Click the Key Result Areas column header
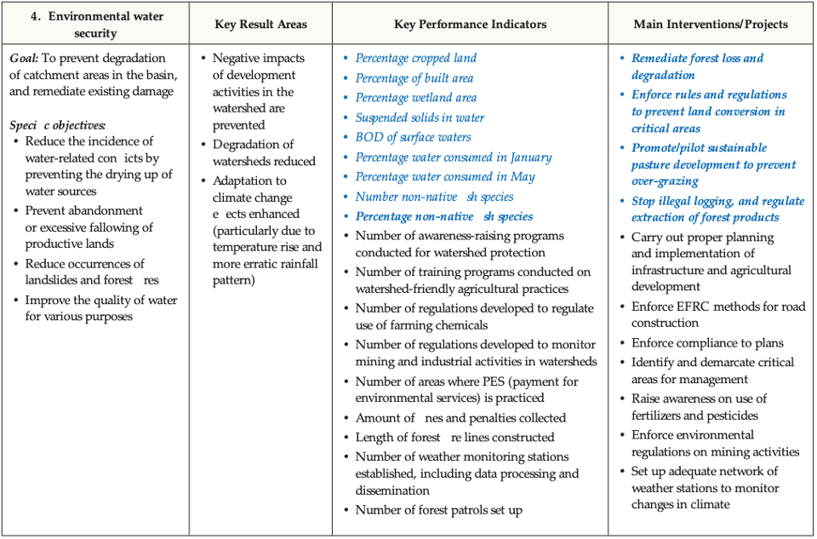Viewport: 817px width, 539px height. [x=260, y=24]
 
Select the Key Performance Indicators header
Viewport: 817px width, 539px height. [x=470, y=24]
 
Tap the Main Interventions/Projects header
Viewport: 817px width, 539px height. [x=711, y=24]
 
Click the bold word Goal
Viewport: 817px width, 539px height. [x=23, y=58]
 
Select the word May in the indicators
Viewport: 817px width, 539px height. [x=523, y=176]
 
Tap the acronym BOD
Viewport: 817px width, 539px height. [x=369, y=137]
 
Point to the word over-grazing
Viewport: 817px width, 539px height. [x=665, y=181]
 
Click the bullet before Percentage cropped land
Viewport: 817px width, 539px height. [x=346, y=58]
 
